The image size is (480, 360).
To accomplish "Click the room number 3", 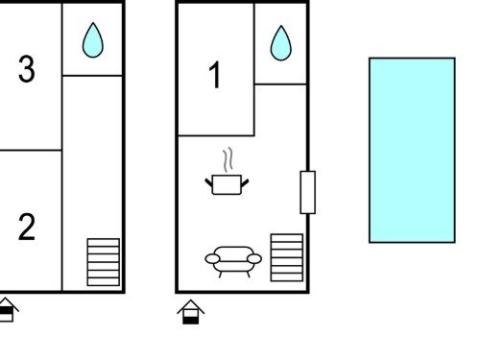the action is (x=26, y=69).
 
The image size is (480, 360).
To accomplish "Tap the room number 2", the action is (x=27, y=228).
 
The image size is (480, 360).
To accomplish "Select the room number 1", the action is (x=215, y=75).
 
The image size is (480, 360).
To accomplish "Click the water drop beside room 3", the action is (x=93, y=40).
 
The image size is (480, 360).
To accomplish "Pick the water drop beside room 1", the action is (x=281, y=43).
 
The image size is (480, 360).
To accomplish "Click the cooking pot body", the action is (x=227, y=184).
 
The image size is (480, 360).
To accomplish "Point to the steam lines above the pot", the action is (x=228, y=159).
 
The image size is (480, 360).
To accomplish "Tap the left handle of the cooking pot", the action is (x=208, y=182).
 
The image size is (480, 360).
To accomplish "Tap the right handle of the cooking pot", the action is (x=245, y=183).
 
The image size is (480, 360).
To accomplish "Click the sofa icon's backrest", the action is (x=233, y=252).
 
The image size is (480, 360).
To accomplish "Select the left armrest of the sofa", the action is (x=212, y=258).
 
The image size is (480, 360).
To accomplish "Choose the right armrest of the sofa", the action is (x=254, y=258).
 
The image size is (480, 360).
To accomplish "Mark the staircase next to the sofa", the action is (x=287, y=257).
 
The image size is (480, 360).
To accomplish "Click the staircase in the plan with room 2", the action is (x=104, y=262).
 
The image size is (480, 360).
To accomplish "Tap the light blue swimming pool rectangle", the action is (x=412, y=150).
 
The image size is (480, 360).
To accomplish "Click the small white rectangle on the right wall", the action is (x=307, y=192).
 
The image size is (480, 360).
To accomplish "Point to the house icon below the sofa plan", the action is (x=191, y=312).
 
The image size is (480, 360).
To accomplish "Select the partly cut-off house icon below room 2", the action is (x=7, y=310).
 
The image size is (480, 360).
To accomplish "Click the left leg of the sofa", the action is (x=220, y=275).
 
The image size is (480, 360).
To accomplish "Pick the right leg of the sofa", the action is (x=249, y=275).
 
